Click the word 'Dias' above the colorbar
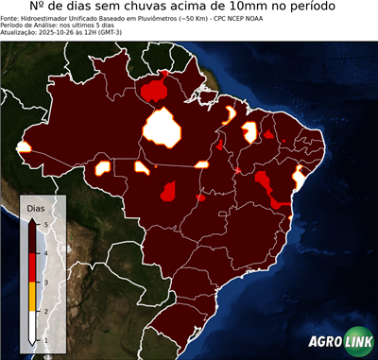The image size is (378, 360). click(34, 206)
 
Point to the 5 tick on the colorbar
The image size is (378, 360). click(43, 222)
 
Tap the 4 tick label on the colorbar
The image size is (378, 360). click(43, 252)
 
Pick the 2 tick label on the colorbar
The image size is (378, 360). click(43, 311)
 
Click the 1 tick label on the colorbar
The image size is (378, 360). click(43, 340)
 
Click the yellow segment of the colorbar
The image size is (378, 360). click(32, 297)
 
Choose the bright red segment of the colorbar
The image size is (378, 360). click(32, 267)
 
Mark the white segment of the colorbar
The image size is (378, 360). click(32, 326)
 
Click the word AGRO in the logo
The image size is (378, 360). click(327, 341)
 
